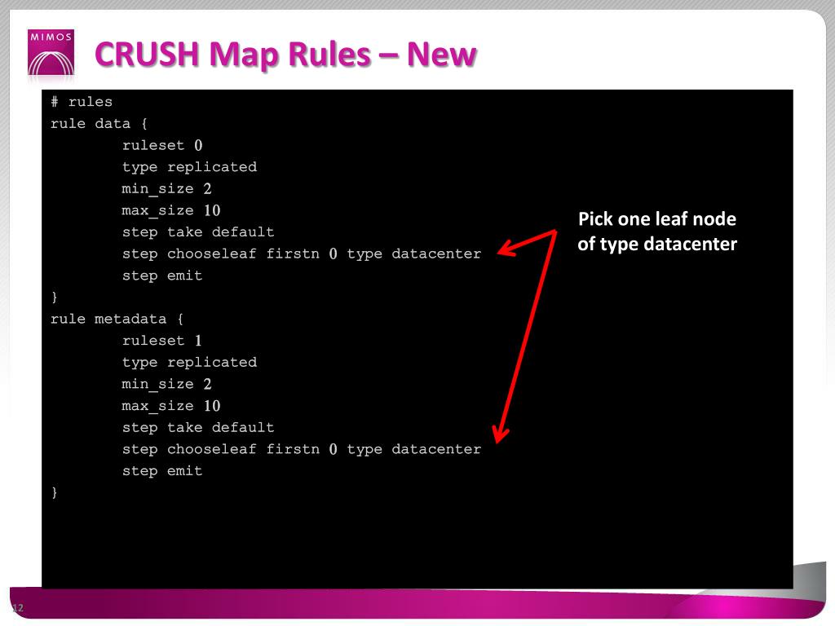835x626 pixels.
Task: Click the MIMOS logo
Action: [x=51, y=54]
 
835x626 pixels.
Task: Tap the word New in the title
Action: [x=441, y=55]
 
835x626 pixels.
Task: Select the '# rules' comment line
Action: [x=82, y=102]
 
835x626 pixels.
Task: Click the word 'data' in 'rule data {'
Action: [x=113, y=124]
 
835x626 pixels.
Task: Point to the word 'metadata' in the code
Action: [x=130, y=319]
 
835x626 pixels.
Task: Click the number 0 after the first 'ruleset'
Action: [x=198, y=146]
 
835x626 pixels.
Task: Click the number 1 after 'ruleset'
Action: [x=198, y=341]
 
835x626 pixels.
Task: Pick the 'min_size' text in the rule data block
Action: [x=158, y=189]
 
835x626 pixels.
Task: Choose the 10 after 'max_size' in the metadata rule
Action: [x=212, y=406]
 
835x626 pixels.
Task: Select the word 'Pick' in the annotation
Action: [x=594, y=219]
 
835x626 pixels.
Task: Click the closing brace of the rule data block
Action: [x=55, y=297]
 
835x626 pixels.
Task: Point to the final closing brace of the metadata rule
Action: [x=55, y=492]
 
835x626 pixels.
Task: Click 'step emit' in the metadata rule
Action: [x=162, y=471]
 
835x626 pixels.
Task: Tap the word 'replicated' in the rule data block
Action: [x=212, y=167]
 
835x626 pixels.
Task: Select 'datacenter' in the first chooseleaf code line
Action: [x=436, y=253]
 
